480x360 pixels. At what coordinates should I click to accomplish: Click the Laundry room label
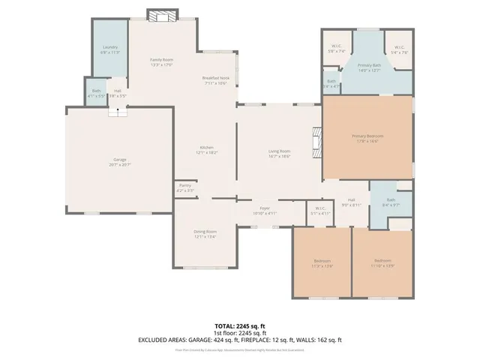click(x=109, y=49)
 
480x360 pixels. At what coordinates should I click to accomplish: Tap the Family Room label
click(x=162, y=60)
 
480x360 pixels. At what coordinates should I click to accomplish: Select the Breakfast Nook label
click(x=215, y=78)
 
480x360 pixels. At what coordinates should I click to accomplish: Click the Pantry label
click(x=184, y=187)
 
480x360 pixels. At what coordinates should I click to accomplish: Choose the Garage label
click(x=120, y=160)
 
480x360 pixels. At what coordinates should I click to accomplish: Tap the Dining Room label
click(x=205, y=233)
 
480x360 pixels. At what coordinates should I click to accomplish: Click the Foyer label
click(x=265, y=209)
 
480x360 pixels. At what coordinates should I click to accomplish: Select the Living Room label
click(x=280, y=153)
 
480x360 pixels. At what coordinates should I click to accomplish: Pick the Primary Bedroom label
click(x=367, y=136)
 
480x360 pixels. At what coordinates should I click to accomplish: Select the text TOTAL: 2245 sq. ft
click(x=240, y=325)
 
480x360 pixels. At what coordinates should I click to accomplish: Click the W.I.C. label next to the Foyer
click(x=320, y=211)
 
